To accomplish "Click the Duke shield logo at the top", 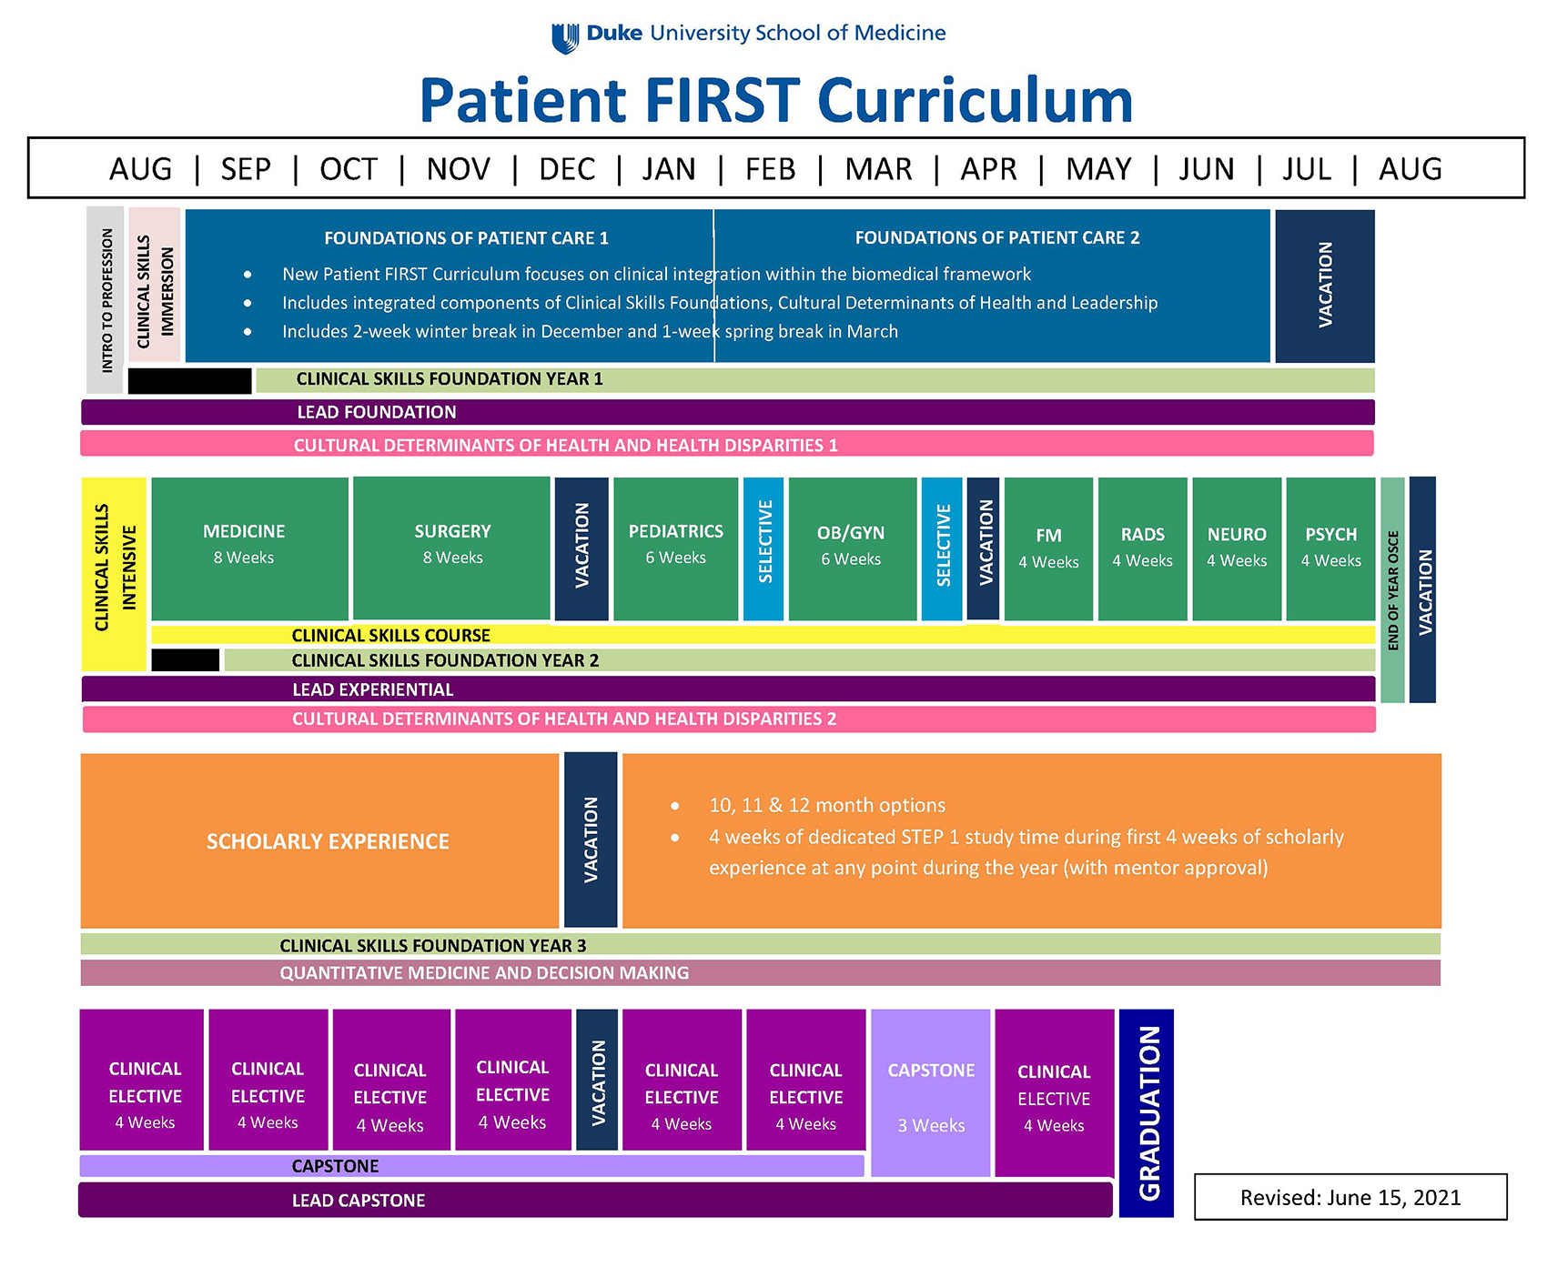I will [x=565, y=37].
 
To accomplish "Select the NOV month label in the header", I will [x=458, y=169].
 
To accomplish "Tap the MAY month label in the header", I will [x=1098, y=169].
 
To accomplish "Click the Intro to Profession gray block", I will [x=106, y=300].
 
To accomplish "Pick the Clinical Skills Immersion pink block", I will [x=155, y=287].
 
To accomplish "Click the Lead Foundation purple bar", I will [x=728, y=412].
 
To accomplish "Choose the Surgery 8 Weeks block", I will [x=452, y=548].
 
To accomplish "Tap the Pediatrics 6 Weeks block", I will [x=676, y=548].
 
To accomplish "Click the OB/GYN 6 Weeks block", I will [x=852, y=548].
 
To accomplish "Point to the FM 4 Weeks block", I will [x=1048, y=548].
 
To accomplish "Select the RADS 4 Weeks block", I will [x=1143, y=548].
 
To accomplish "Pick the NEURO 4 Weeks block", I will [x=1237, y=548].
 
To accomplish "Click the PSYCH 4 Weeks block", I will [x=1330, y=548].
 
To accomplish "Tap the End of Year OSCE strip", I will [x=1392, y=589].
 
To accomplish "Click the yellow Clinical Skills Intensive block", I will [x=114, y=573].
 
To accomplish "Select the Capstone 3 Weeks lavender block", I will [x=931, y=1091].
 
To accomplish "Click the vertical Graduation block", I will [x=1147, y=1112].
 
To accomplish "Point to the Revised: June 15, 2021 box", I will [x=1350, y=1197].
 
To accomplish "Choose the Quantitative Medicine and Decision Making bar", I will [x=760, y=973].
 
